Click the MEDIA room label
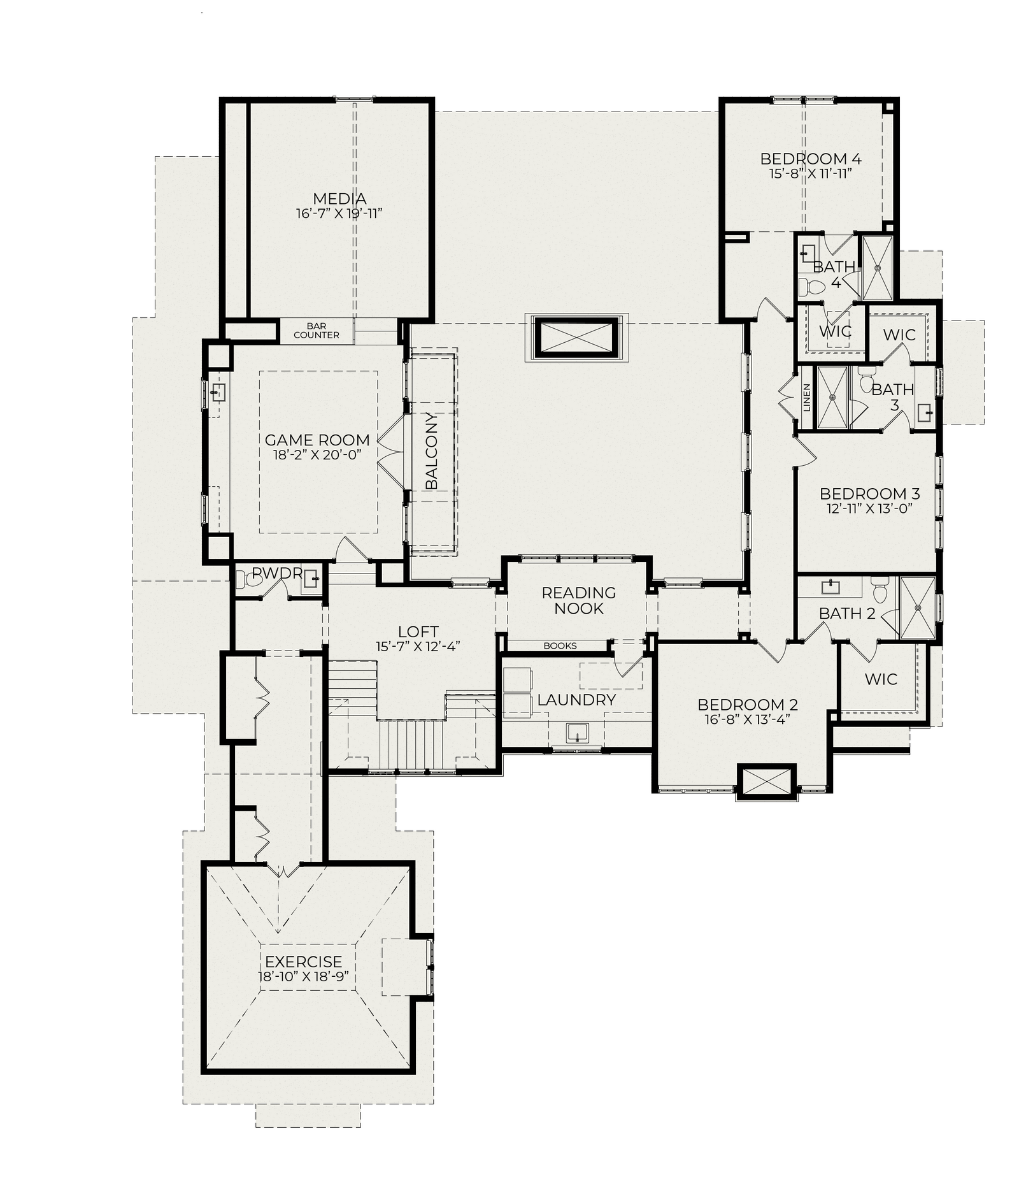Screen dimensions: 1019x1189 coord(339,199)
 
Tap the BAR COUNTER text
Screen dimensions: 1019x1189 coord(317,331)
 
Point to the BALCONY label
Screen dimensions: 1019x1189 coord(432,451)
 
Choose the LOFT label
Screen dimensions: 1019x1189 coord(418,631)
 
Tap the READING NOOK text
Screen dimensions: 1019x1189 coord(579,600)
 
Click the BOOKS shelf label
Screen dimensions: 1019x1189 coord(560,645)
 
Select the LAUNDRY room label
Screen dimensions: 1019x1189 coord(576,700)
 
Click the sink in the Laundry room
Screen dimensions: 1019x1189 coord(578,733)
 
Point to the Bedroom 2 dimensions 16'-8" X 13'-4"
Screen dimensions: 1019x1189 coord(748,719)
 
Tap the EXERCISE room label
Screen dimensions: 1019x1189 coord(304,962)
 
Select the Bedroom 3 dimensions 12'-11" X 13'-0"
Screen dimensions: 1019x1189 coord(870,508)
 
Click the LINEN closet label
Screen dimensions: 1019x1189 coord(807,397)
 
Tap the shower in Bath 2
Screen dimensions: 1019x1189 coord(918,607)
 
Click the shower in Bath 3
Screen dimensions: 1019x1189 coord(832,397)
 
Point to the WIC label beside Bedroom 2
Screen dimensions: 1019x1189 coord(881,679)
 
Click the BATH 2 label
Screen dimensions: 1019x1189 coord(847,614)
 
